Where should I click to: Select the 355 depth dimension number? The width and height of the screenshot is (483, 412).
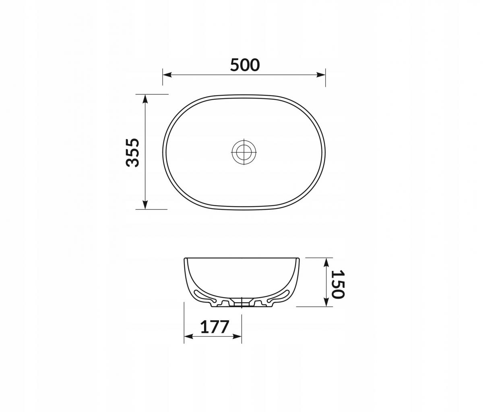tap(132, 153)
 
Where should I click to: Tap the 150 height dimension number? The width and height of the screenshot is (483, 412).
tap(338, 285)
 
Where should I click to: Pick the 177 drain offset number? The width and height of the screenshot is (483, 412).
tap(215, 327)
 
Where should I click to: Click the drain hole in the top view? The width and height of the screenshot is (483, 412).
tap(244, 152)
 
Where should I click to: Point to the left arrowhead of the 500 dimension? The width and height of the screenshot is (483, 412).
tap(167, 75)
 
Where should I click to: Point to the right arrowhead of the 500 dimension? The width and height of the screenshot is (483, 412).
tap(321, 75)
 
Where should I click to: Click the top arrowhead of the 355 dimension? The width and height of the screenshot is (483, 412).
tap(145, 99)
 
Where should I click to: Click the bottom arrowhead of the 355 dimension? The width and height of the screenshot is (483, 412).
tap(145, 205)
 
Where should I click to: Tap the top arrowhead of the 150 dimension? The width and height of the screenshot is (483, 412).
tap(326, 262)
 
